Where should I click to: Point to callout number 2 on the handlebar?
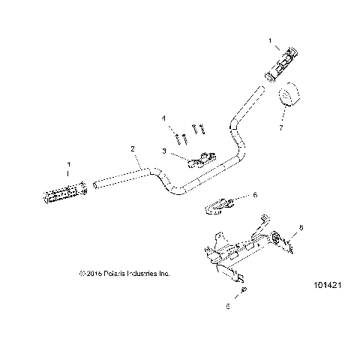(x=133, y=149)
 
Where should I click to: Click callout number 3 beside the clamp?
(x=163, y=151)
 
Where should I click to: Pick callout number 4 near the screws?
(x=163, y=118)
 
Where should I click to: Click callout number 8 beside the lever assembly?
(x=301, y=226)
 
